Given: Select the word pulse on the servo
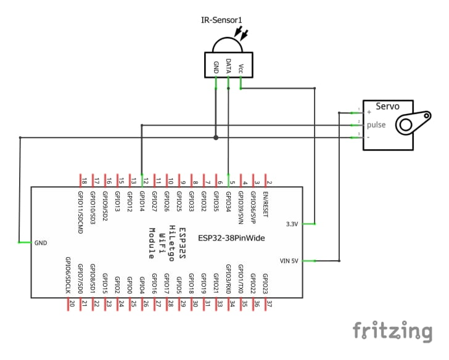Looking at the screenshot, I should [x=376, y=125].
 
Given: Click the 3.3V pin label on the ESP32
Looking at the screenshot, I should [x=292, y=224].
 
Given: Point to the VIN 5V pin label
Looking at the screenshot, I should [x=289, y=261].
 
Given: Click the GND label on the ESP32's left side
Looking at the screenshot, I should [x=41, y=243].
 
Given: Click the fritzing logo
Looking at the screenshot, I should [x=392, y=331].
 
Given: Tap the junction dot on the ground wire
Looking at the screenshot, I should [x=215, y=137].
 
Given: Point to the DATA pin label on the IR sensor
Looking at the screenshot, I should [x=228, y=66].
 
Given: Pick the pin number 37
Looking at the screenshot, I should [x=269, y=303].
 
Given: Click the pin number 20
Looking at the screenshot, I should [x=72, y=303].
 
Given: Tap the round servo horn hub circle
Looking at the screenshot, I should [x=405, y=125].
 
